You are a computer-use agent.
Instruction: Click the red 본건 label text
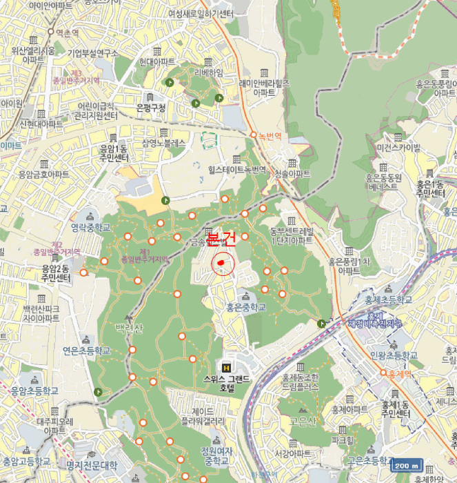(x=221, y=239)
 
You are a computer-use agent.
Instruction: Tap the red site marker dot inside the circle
(x=221, y=262)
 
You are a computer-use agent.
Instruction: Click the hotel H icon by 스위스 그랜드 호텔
(x=227, y=367)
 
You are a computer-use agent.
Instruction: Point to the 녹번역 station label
(x=270, y=137)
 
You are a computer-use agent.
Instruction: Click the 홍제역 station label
(x=399, y=373)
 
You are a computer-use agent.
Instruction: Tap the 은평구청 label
(x=151, y=108)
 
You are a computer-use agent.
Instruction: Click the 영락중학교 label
(x=90, y=226)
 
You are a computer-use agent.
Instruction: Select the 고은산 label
(x=303, y=421)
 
